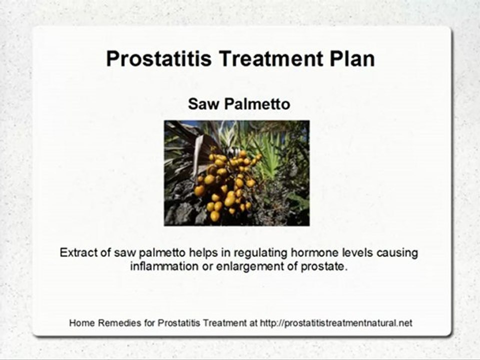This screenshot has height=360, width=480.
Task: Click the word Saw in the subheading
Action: tap(204, 104)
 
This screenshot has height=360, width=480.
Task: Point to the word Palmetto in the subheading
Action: tap(257, 104)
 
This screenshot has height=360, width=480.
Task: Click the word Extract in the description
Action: tap(77, 253)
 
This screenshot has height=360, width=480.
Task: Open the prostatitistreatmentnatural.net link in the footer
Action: tap(336, 323)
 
